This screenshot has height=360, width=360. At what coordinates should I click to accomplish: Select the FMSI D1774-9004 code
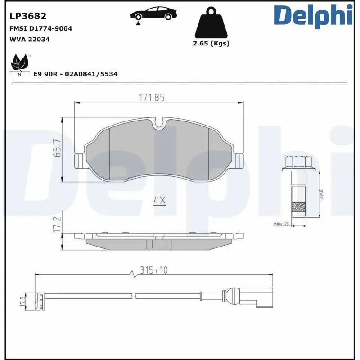[40, 28]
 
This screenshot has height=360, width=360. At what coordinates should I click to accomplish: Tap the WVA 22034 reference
[29, 39]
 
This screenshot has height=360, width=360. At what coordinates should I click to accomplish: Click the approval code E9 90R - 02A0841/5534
[76, 74]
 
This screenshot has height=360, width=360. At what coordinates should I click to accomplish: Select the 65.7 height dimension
[57, 148]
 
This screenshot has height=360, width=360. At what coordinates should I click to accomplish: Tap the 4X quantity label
[159, 201]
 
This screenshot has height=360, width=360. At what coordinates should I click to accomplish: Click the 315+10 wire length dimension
[153, 270]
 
